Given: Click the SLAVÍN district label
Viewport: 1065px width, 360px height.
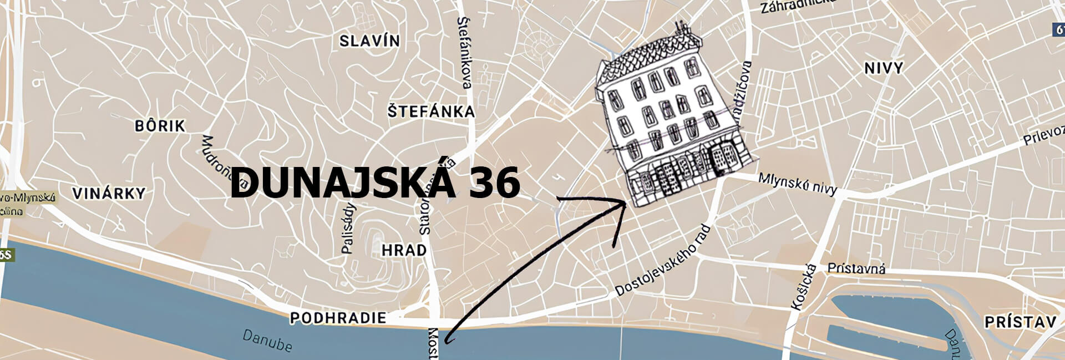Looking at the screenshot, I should point(369,41).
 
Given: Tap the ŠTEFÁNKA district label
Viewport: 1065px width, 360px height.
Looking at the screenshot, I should point(431,111).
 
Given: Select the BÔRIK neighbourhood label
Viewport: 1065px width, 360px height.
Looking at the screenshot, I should point(160,126).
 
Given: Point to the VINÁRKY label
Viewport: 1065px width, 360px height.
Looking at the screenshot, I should point(109,194).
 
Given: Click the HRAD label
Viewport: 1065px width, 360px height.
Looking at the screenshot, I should point(404,250).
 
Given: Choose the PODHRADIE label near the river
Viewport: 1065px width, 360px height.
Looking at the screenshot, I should point(338,318).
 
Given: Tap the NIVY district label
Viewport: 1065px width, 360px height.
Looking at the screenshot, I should point(884,68).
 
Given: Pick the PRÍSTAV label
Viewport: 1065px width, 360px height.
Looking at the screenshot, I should point(1020,322).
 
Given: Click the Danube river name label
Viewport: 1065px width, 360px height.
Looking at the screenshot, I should point(267,341).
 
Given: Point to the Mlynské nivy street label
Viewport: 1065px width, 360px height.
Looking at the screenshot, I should point(797,184).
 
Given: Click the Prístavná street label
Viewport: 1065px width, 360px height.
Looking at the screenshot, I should point(856,269).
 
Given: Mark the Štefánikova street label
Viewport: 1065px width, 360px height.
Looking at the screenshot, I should point(464,53).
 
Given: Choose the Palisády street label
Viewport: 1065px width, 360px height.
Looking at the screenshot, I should point(348,229).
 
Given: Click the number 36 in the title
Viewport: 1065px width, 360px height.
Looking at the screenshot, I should point(494,182).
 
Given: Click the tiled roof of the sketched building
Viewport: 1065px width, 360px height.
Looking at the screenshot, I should point(649,55).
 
